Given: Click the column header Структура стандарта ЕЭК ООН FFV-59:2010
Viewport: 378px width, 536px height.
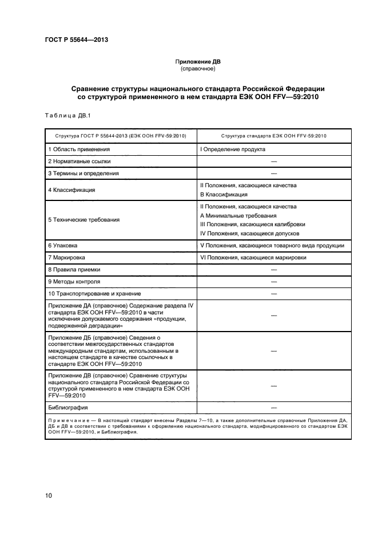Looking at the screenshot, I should [273, 136].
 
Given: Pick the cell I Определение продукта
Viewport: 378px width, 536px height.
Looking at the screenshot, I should [232, 149].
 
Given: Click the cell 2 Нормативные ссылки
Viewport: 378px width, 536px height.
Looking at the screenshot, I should [79, 161].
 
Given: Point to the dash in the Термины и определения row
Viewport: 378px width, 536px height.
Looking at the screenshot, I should [273, 173].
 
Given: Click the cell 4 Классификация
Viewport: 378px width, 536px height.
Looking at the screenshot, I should [71, 190].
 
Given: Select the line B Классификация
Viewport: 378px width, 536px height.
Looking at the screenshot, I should [224, 195].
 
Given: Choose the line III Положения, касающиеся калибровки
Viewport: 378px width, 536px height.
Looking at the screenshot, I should [252, 224].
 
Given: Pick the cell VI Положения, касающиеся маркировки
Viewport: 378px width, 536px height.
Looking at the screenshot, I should [253, 258].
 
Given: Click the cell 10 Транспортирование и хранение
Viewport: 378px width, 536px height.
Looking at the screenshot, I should [94, 294].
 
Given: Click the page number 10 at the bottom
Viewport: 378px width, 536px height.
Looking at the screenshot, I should [49, 495].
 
